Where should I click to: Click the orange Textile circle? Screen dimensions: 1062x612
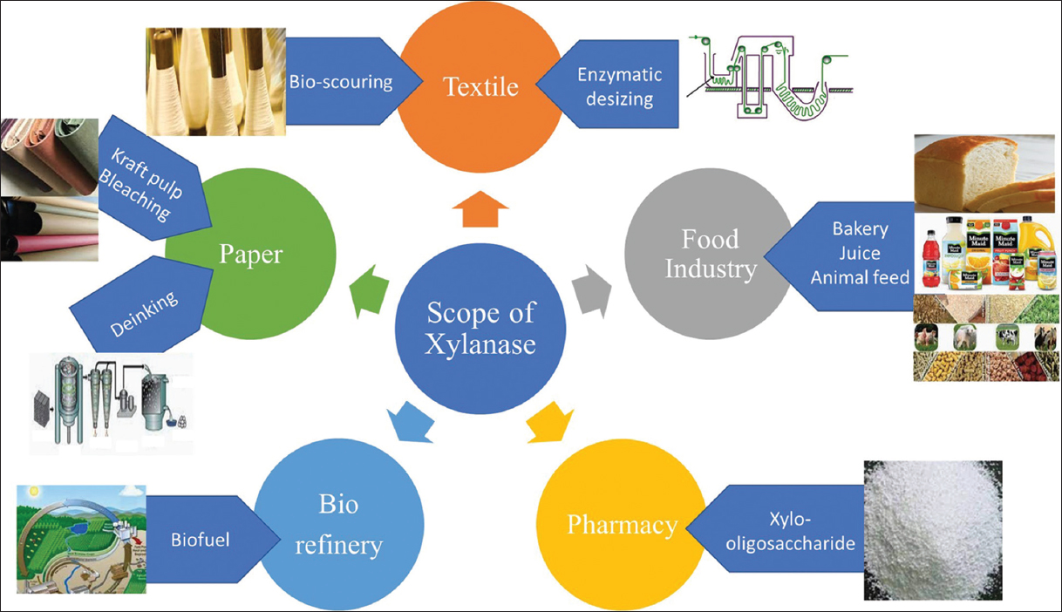480,88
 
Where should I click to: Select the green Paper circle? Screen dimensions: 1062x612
250,254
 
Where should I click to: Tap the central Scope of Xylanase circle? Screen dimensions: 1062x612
480,329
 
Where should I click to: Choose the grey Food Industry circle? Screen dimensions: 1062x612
710,254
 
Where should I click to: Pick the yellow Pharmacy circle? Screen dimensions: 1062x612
622,524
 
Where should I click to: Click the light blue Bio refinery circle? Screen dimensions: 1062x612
338,524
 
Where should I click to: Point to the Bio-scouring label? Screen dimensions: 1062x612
341,82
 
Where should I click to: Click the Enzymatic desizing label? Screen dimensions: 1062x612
620,86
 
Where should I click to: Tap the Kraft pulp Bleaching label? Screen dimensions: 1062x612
140,183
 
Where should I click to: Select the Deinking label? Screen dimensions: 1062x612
144,313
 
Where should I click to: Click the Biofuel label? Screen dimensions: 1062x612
200,540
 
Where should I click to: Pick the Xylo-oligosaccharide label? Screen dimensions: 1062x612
790,532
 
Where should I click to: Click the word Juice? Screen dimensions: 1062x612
860,253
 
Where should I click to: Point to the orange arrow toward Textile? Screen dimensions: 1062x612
480,209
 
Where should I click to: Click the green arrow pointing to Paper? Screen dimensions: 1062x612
369,291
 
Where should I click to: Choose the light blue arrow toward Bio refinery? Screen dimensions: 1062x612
411,422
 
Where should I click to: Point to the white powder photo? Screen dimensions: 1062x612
933,530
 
